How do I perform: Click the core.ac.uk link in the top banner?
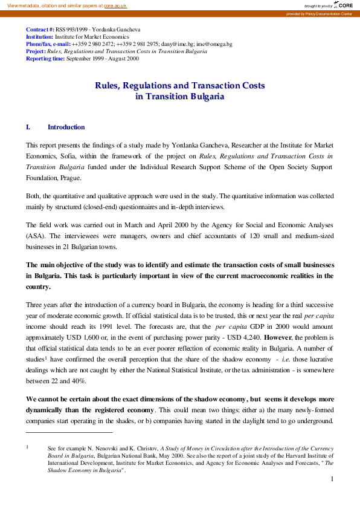(115, 5)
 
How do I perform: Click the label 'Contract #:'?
(40, 29)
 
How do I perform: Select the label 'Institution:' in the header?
(40, 37)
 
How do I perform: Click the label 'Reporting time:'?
(45, 59)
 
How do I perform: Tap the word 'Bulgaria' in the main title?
(200, 96)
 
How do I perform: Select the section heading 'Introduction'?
(66, 128)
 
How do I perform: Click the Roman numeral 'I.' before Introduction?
(28, 128)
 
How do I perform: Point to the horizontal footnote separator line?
(69, 432)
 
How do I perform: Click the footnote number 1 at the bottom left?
(27, 447)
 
